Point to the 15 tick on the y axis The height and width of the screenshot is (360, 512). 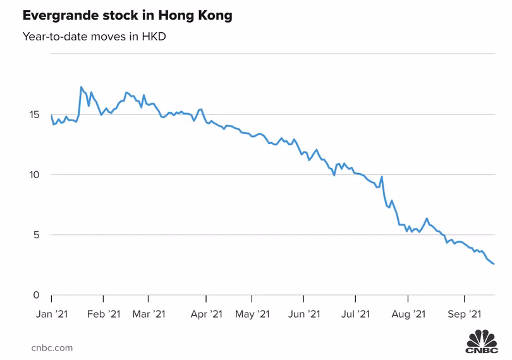(35, 115)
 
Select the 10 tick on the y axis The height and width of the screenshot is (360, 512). (35, 175)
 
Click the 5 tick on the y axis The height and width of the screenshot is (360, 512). (37, 235)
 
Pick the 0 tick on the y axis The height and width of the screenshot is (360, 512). (37, 295)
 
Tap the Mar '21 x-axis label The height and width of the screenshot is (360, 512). (149, 314)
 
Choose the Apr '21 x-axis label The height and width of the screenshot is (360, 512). (207, 314)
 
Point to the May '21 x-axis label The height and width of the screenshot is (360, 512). (252, 314)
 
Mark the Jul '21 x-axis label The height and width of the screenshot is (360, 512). (355, 314)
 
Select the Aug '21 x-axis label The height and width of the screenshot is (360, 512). (408, 314)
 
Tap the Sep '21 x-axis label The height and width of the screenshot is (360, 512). (465, 314)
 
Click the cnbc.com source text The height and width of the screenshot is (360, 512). (52, 347)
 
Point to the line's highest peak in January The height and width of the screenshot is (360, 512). (81, 87)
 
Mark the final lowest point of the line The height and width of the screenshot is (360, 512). (494, 264)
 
